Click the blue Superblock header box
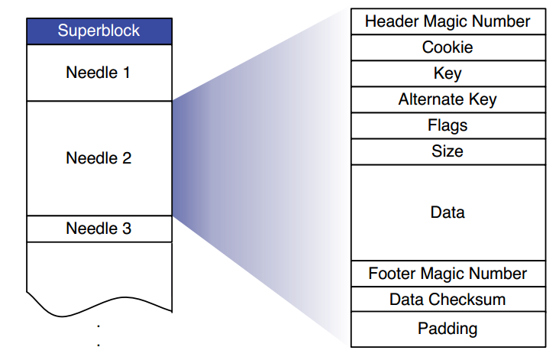99,31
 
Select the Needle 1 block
99,73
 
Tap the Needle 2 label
99,159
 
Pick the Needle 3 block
99,229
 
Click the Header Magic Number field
448,21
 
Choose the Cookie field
448,47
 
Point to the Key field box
448,73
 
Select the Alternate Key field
448,99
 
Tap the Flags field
448,125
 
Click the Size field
448,151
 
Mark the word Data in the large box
448,212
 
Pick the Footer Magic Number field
448,274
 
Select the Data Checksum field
448,300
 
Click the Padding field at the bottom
448,329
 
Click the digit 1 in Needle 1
127,73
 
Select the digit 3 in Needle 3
127,229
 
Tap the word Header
389,21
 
